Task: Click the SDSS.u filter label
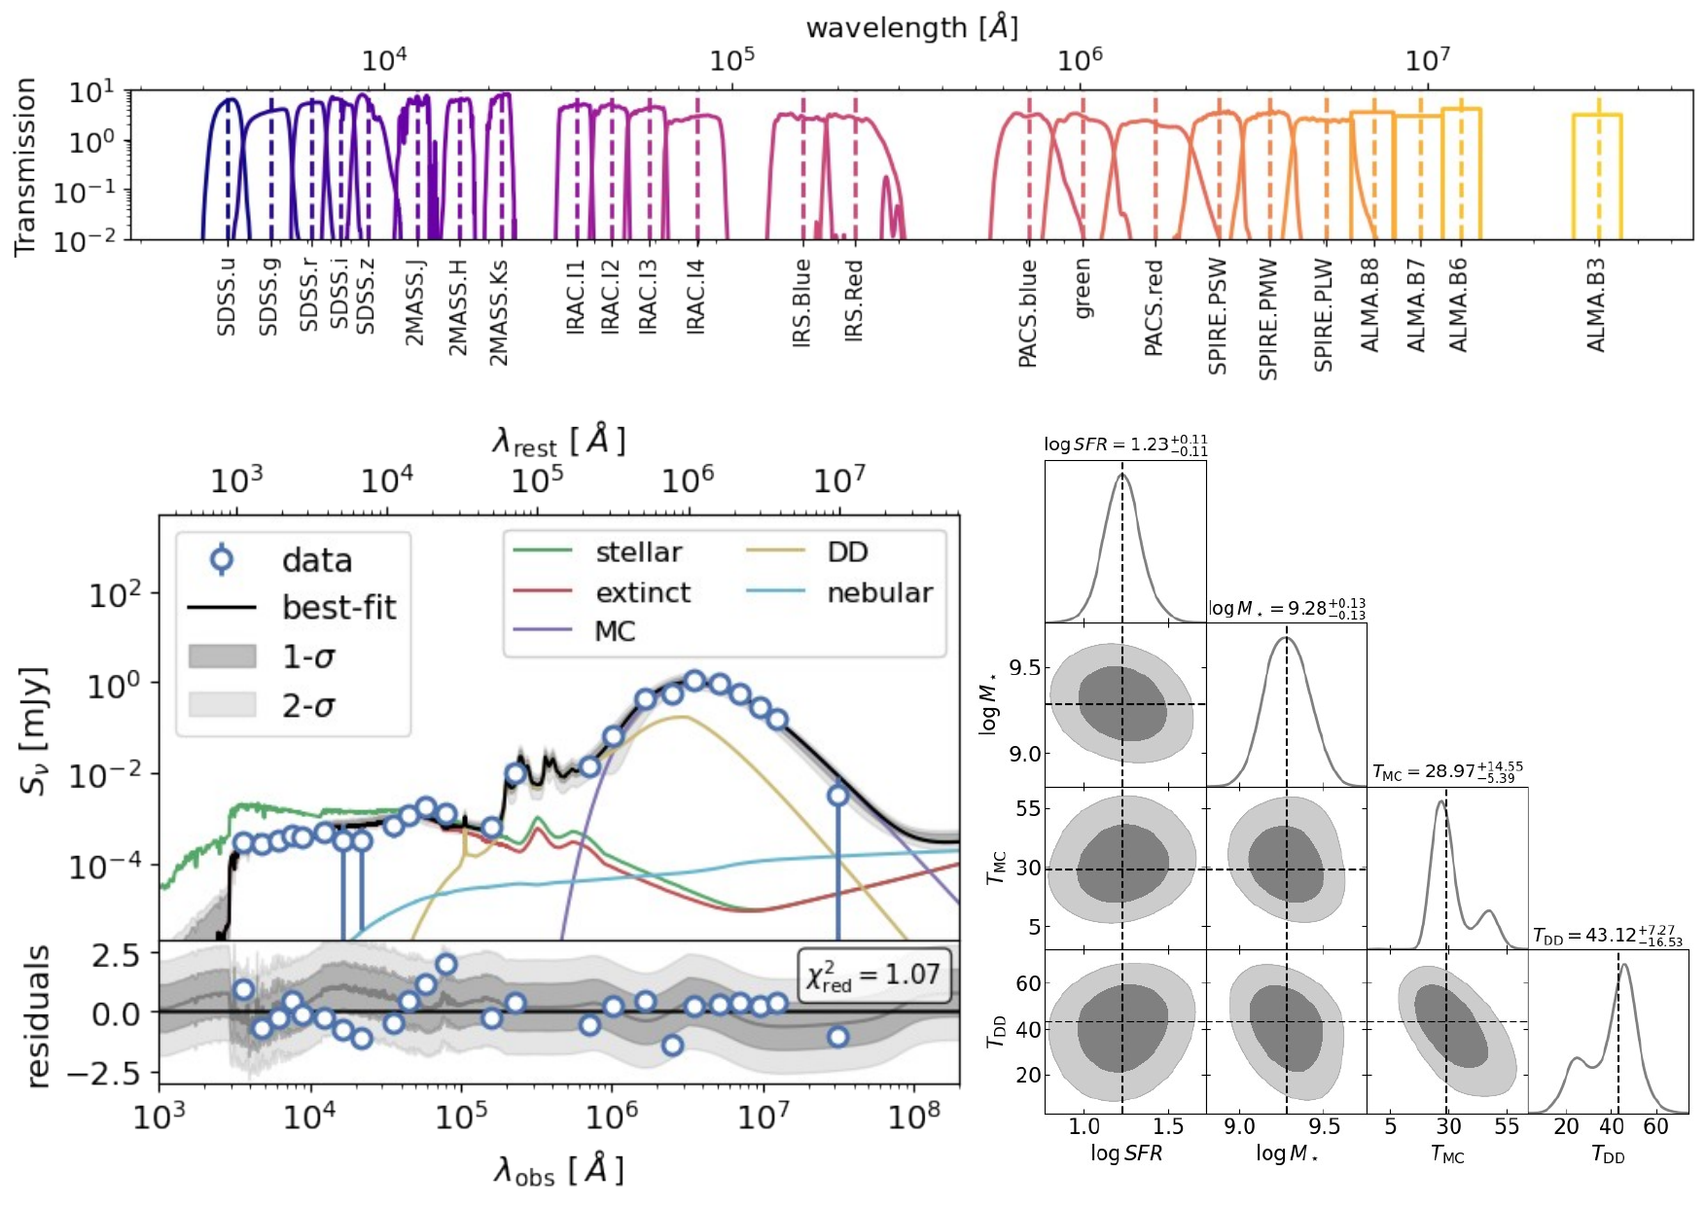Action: pos(227,298)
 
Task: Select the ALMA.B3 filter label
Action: pos(1596,304)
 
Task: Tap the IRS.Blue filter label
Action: pos(801,302)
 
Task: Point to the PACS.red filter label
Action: pos(1154,307)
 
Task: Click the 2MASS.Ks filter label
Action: pos(499,312)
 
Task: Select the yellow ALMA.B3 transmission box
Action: pos(1597,175)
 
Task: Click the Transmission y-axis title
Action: pos(25,166)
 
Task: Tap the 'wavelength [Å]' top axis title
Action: pos(911,27)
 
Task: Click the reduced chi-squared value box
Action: pos(873,975)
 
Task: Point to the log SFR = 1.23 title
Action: pos(1125,444)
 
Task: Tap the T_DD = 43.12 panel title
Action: pos(1608,936)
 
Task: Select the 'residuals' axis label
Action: pos(37,1015)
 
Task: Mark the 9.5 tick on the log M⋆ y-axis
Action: pos(1023,668)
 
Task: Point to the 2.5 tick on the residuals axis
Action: pos(117,955)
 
